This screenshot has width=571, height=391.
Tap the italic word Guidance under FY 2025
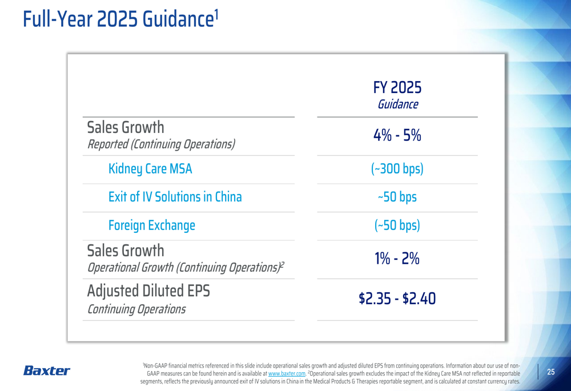[397, 104]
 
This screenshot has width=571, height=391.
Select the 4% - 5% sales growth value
[397, 136]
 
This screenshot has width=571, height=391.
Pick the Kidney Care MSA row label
[150, 169]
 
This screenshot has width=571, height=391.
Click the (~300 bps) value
[397, 169]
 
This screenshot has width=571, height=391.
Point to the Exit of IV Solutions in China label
[175, 197]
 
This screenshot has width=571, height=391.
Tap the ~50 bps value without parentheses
[397, 197]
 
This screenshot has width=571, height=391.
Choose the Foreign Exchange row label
[151, 225]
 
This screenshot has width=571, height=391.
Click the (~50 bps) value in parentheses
[397, 225]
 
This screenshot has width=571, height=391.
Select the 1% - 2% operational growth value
[397, 259]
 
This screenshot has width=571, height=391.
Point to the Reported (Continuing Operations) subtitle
[161, 144]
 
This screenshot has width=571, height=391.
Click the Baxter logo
[47, 371]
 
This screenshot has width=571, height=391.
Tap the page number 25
[551, 372]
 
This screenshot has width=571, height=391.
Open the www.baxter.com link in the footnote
[287, 373]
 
